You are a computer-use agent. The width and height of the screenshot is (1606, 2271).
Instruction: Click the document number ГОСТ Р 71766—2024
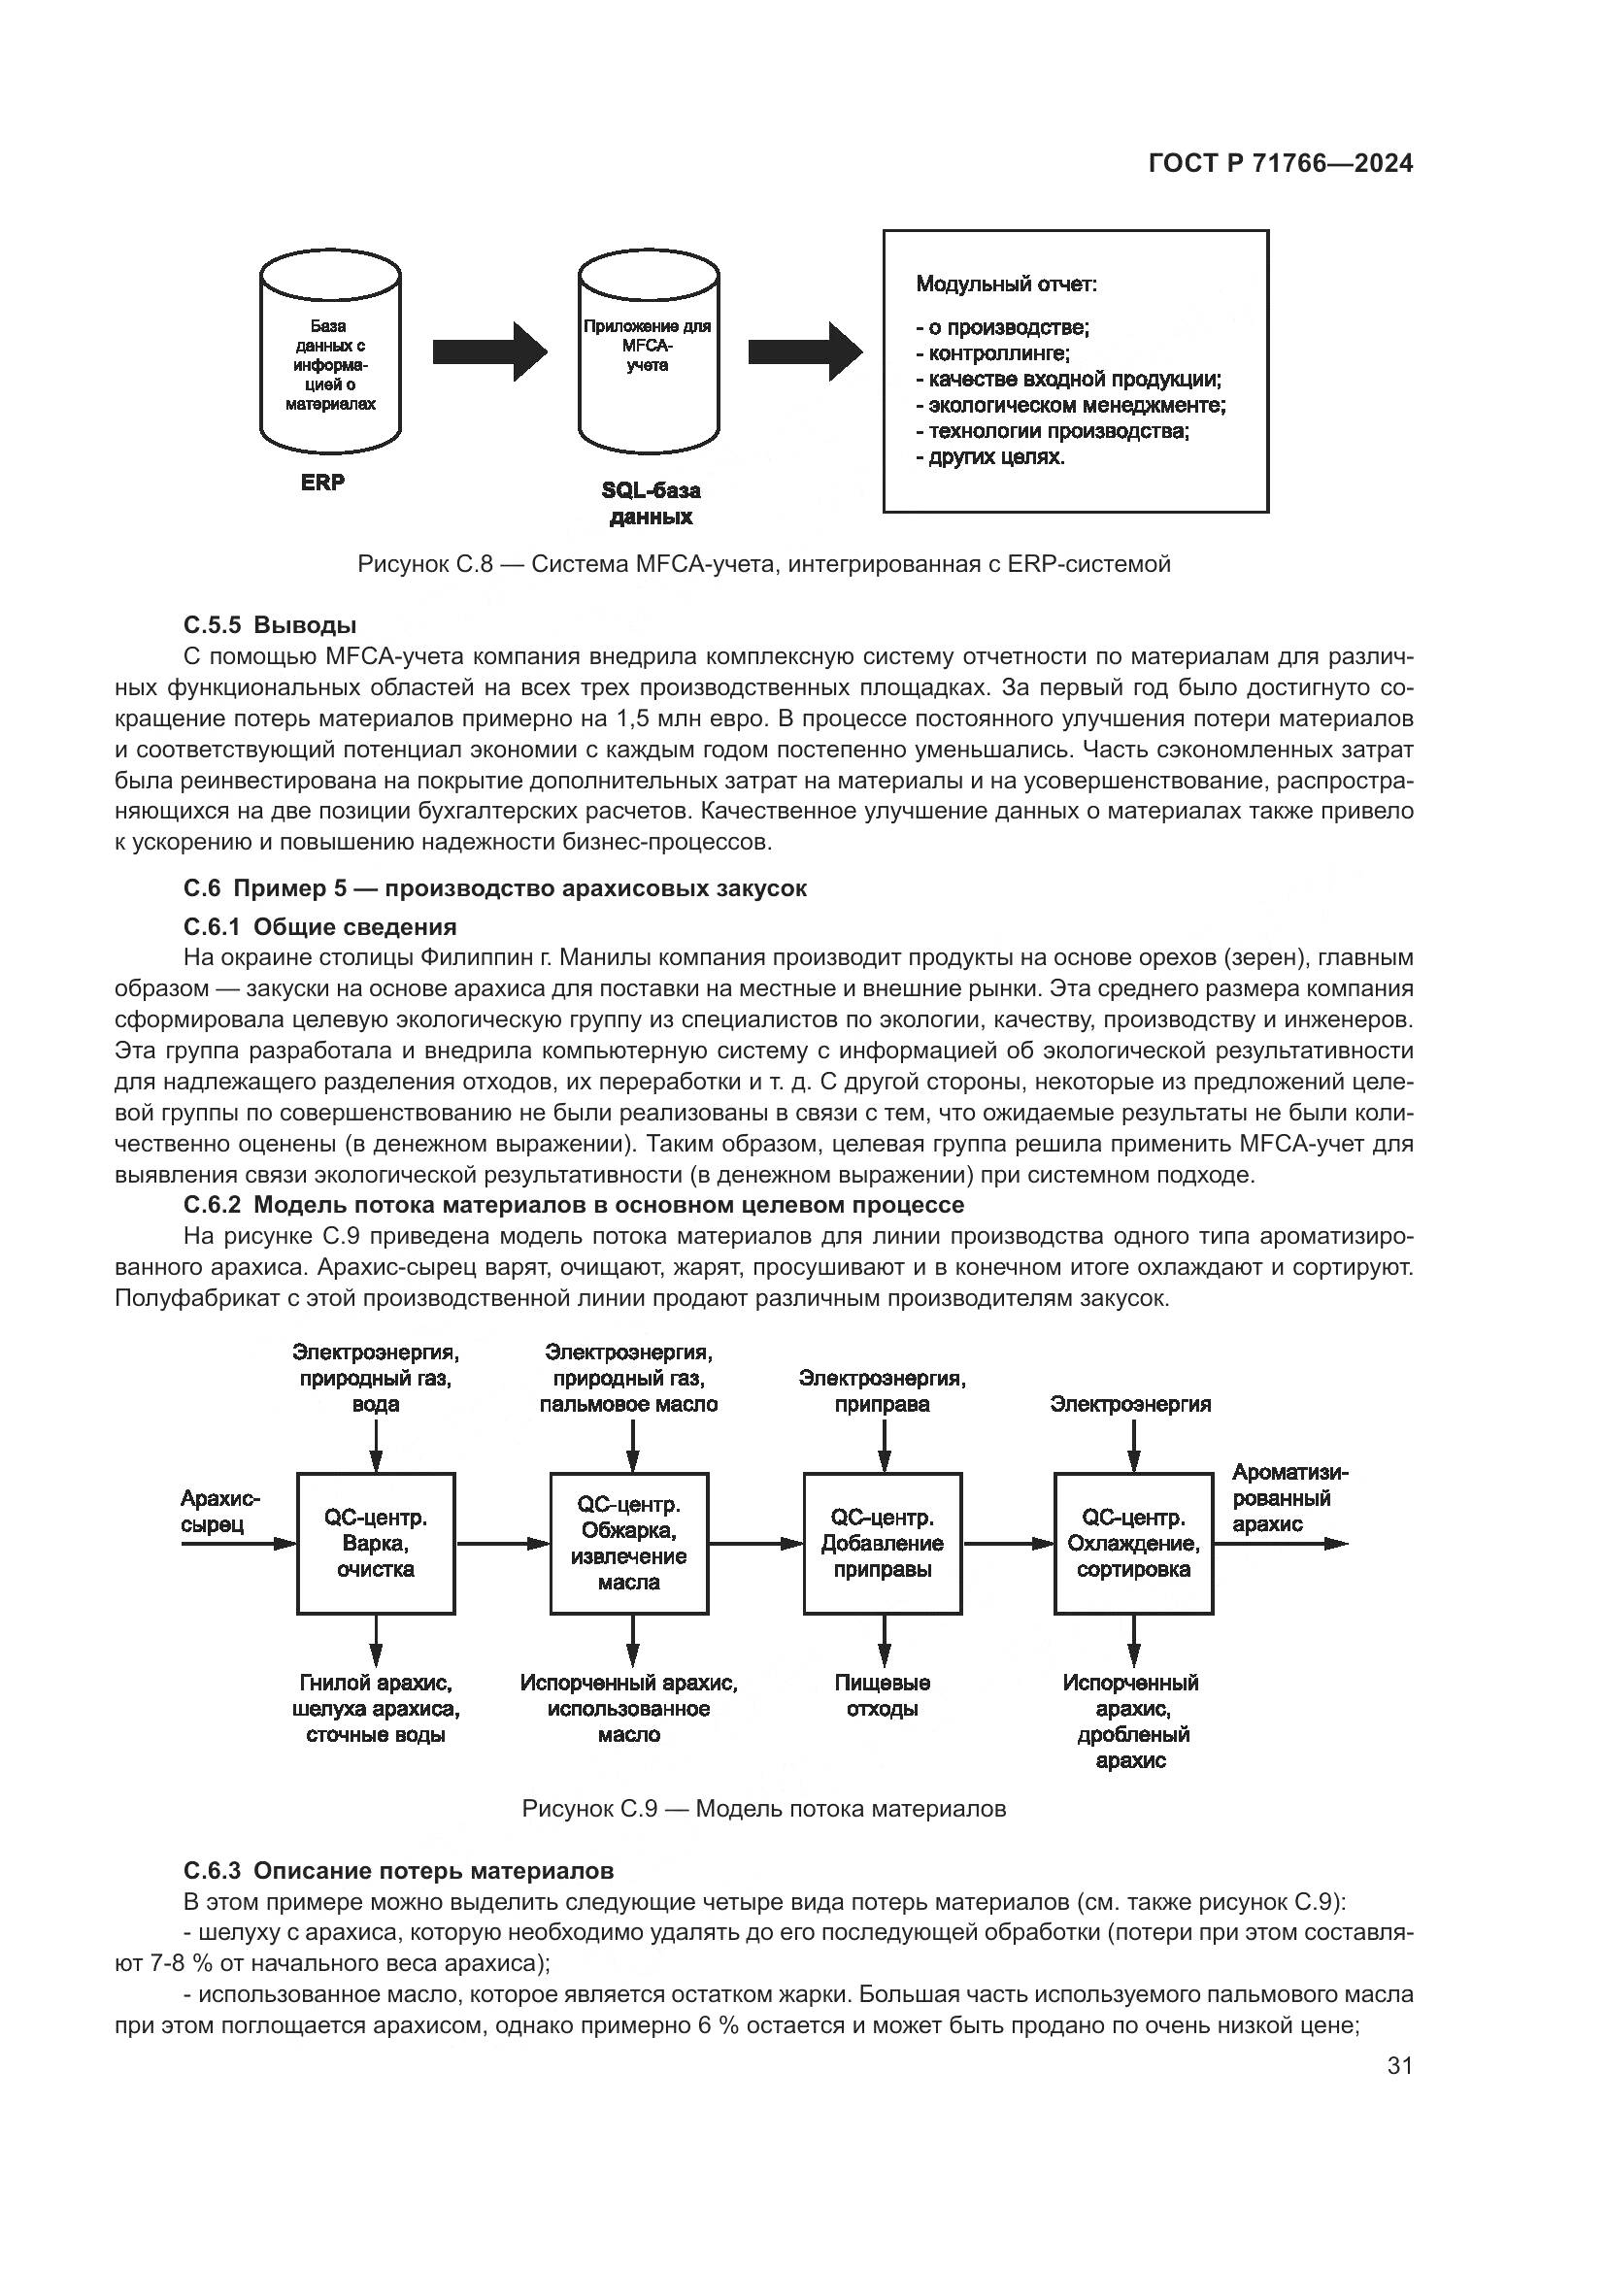[1281, 164]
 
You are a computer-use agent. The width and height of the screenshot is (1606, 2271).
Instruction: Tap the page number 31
[1399, 2065]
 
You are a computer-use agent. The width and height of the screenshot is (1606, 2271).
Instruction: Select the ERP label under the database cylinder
[323, 483]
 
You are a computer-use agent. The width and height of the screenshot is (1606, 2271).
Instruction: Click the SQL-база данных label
[651, 504]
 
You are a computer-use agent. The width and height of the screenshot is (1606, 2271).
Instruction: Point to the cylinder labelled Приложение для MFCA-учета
[648, 356]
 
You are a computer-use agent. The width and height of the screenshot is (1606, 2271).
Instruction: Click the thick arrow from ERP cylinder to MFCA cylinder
[489, 351]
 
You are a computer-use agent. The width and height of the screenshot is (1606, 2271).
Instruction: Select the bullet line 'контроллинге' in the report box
[992, 353]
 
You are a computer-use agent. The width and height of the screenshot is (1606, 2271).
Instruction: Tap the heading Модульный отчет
[1006, 284]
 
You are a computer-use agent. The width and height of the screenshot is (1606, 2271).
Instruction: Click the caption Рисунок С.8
[763, 564]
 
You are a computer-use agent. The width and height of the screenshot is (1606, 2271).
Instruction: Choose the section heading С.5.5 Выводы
[270, 625]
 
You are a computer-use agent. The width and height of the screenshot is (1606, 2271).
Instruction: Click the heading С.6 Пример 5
[494, 888]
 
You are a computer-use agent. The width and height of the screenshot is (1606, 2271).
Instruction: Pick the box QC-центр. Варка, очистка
[376, 1544]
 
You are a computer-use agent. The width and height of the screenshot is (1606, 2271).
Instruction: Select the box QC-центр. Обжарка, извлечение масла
[629, 1544]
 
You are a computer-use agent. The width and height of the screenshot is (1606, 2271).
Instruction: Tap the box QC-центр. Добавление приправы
[882, 1544]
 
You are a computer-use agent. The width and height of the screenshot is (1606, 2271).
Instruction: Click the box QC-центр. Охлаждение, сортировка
[1133, 1544]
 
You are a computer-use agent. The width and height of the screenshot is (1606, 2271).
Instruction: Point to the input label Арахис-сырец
[220, 1513]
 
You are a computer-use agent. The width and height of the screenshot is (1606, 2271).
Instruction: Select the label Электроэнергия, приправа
[882, 1390]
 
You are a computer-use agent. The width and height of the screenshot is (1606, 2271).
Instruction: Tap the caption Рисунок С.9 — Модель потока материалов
[763, 1809]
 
